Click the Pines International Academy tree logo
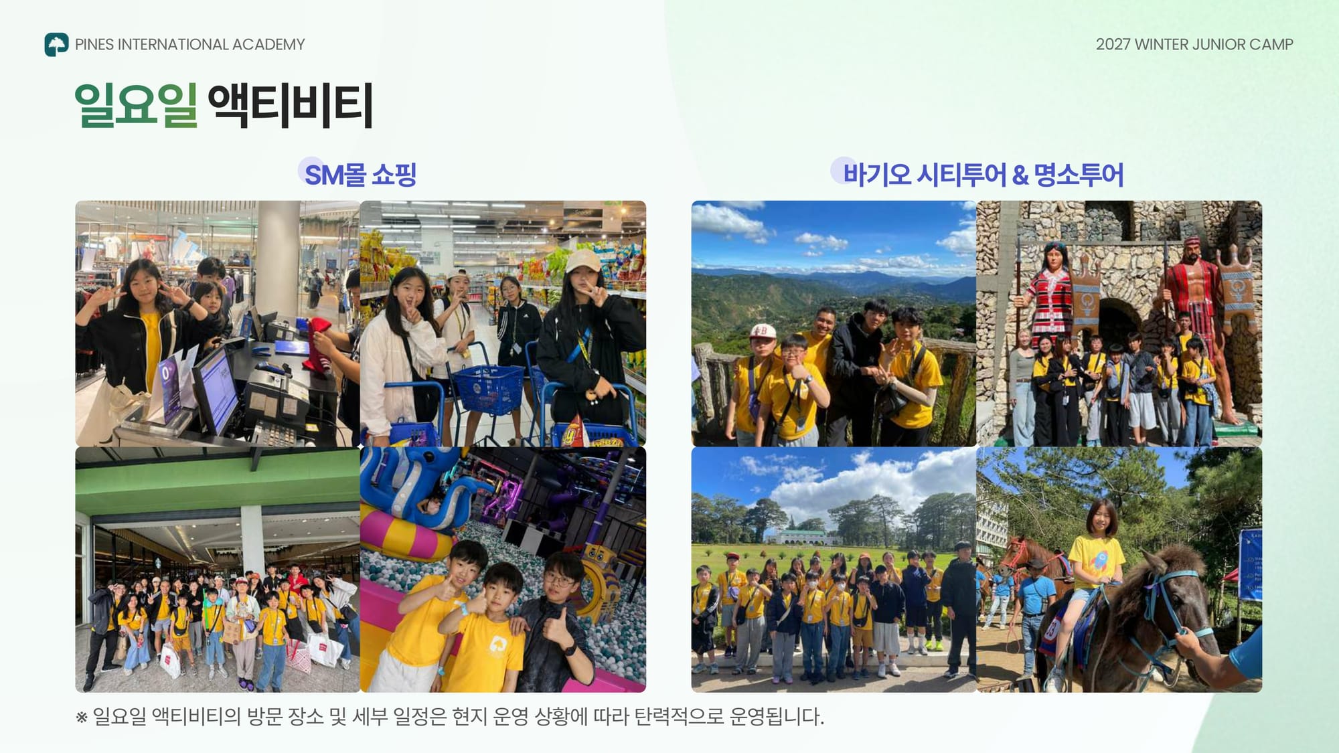[56, 44]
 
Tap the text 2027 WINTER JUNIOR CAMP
[1194, 44]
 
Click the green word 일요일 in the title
[136, 105]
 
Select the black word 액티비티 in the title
[290, 105]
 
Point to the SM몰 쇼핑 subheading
[360, 175]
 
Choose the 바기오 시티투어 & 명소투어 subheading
[983, 175]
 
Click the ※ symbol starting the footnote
[82, 718]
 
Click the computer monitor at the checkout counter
[216, 390]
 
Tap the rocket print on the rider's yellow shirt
[1098, 558]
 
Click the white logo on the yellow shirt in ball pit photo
[497, 644]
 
